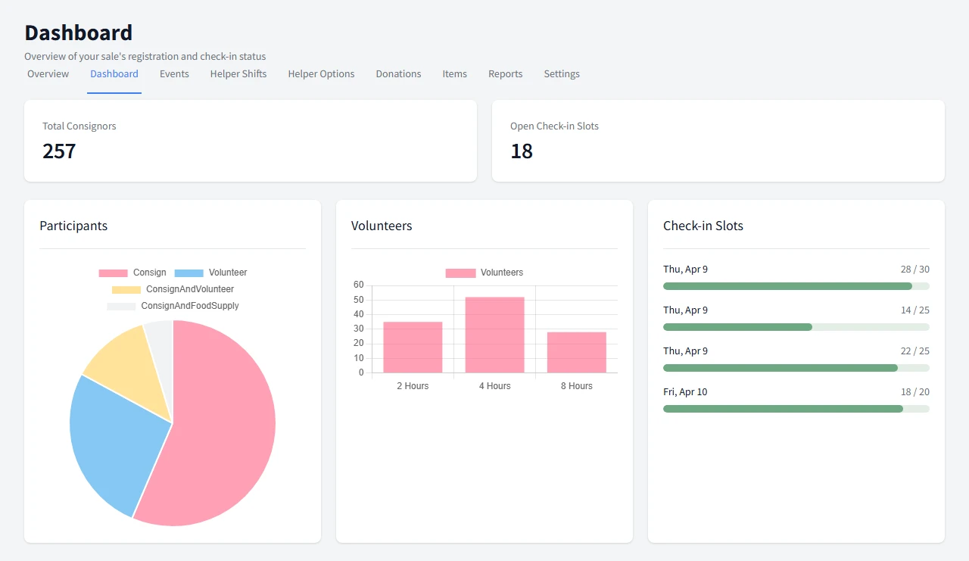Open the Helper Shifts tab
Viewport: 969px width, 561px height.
coord(238,74)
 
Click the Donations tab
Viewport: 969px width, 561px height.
coord(398,74)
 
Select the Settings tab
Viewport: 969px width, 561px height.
coord(562,74)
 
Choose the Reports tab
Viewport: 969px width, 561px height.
coord(505,74)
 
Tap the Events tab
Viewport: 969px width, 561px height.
coord(174,74)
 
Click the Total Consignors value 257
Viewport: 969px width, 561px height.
coord(59,151)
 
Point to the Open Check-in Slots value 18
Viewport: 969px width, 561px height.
coord(522,151)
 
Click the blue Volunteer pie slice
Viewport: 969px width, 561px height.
coord(114,439)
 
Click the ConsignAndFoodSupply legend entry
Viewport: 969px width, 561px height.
coord(189,306)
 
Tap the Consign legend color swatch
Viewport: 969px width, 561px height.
coord(113,273)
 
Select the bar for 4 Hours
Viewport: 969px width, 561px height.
coord(494,335)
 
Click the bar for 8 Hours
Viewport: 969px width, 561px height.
coord(576,352)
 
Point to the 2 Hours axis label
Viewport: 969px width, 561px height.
coord(413,386)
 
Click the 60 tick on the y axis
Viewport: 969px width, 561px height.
coord(358,285)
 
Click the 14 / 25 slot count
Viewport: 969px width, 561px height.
coord(914,310)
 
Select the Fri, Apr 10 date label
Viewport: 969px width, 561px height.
coord(685,392)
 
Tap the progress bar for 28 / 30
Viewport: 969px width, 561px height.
coord(796,286)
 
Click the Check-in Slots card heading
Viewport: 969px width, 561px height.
coord(703,226)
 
